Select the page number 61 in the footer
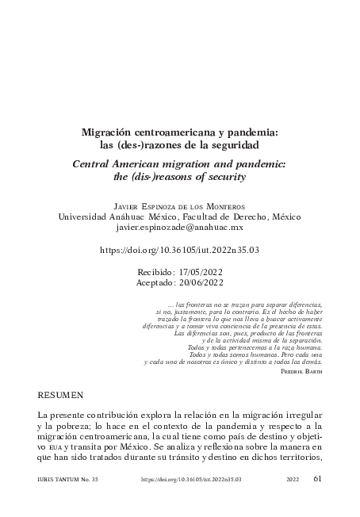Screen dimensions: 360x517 point(318,501)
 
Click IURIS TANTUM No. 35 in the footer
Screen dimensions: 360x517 point(66,502)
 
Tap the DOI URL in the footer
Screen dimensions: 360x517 point(190,502)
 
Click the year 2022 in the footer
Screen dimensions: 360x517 point(293,502)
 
